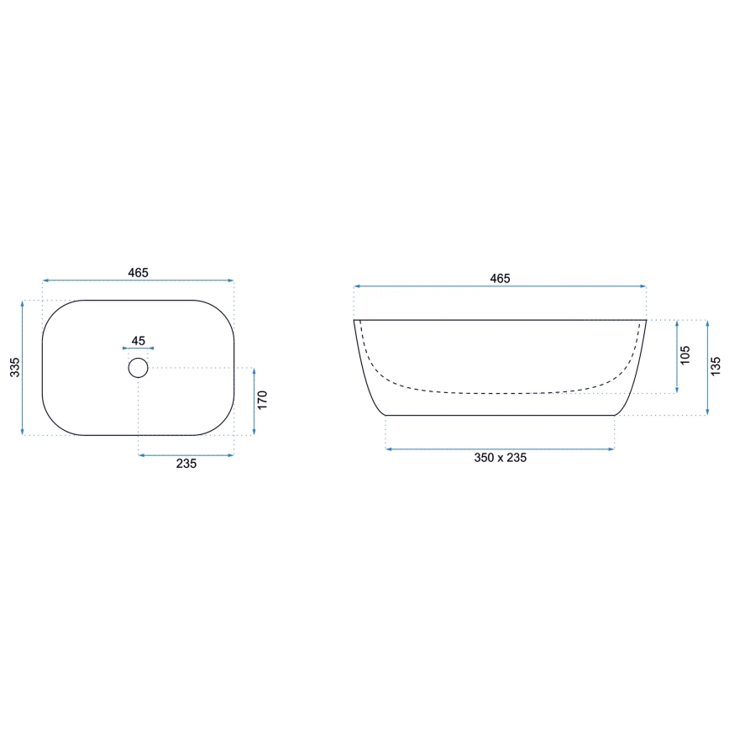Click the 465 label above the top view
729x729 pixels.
139,272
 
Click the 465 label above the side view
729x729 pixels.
500,278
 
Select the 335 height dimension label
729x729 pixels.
14,367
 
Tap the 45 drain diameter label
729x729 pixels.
139,341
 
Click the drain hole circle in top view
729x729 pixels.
139,368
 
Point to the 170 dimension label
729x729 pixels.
262,400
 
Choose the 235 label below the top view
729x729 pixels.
186,464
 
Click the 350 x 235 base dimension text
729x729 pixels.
500,458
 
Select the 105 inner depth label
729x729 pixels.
685,355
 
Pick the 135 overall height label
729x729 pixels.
716,367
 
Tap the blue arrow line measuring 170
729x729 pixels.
254,401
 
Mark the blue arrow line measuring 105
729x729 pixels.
676,356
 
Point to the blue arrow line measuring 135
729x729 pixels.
706,368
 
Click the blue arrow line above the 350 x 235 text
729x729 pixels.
500,449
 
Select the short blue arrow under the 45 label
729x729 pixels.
139,349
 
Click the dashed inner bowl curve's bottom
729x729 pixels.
500,392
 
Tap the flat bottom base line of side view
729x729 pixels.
500,415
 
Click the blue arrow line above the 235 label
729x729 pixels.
186,455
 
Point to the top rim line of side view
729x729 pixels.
500,320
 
